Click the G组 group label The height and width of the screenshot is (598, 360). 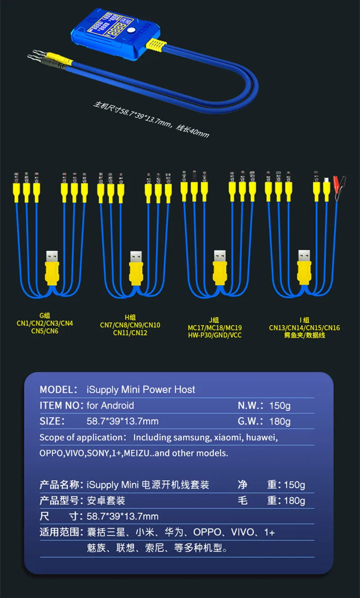44,315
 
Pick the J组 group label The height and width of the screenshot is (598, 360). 214,320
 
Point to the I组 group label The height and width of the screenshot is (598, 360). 304,320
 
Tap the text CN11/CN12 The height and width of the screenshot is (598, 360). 130,333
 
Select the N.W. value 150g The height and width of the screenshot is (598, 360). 280,406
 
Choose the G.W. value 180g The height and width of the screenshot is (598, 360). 280,421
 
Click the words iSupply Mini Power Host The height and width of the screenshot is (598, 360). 141,389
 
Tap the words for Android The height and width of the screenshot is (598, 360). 110,406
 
